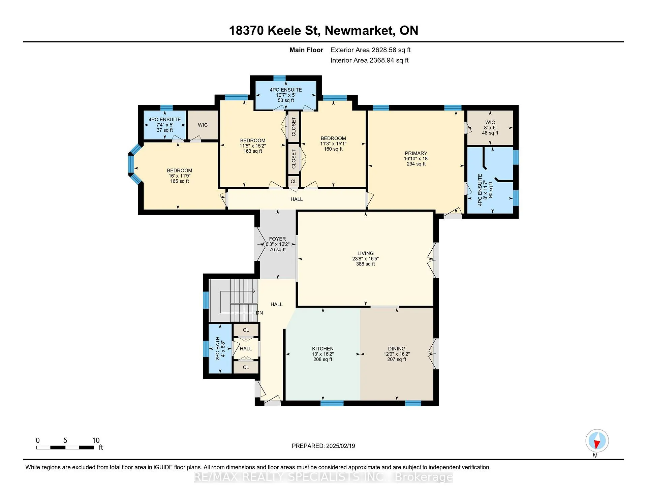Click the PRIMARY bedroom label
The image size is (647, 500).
pos(416,158)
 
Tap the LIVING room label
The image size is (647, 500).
pos(366,258)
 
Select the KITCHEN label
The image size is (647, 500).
pos(323,354)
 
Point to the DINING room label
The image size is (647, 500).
pos(397,354)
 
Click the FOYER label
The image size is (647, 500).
pos(277,244)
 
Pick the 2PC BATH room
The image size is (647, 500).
pos(220,348)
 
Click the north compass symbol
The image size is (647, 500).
pos(597,441)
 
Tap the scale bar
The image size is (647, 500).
pos(65,447)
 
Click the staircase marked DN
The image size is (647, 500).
pos(234,300)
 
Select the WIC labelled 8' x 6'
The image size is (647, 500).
pos(490,128)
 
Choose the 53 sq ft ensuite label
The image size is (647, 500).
pos(286,95)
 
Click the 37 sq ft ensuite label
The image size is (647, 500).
pos(165,125)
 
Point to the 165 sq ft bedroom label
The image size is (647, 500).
pos(179,176)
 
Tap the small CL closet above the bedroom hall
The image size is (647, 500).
pos(294,181)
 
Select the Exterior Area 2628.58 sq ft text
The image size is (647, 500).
pos(370,50)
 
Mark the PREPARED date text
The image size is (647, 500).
pos(323,446)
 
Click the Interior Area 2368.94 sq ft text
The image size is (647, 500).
pos(369,60)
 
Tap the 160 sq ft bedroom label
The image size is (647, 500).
pos(333,144)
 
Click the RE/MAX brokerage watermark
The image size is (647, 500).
pos(323,477)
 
